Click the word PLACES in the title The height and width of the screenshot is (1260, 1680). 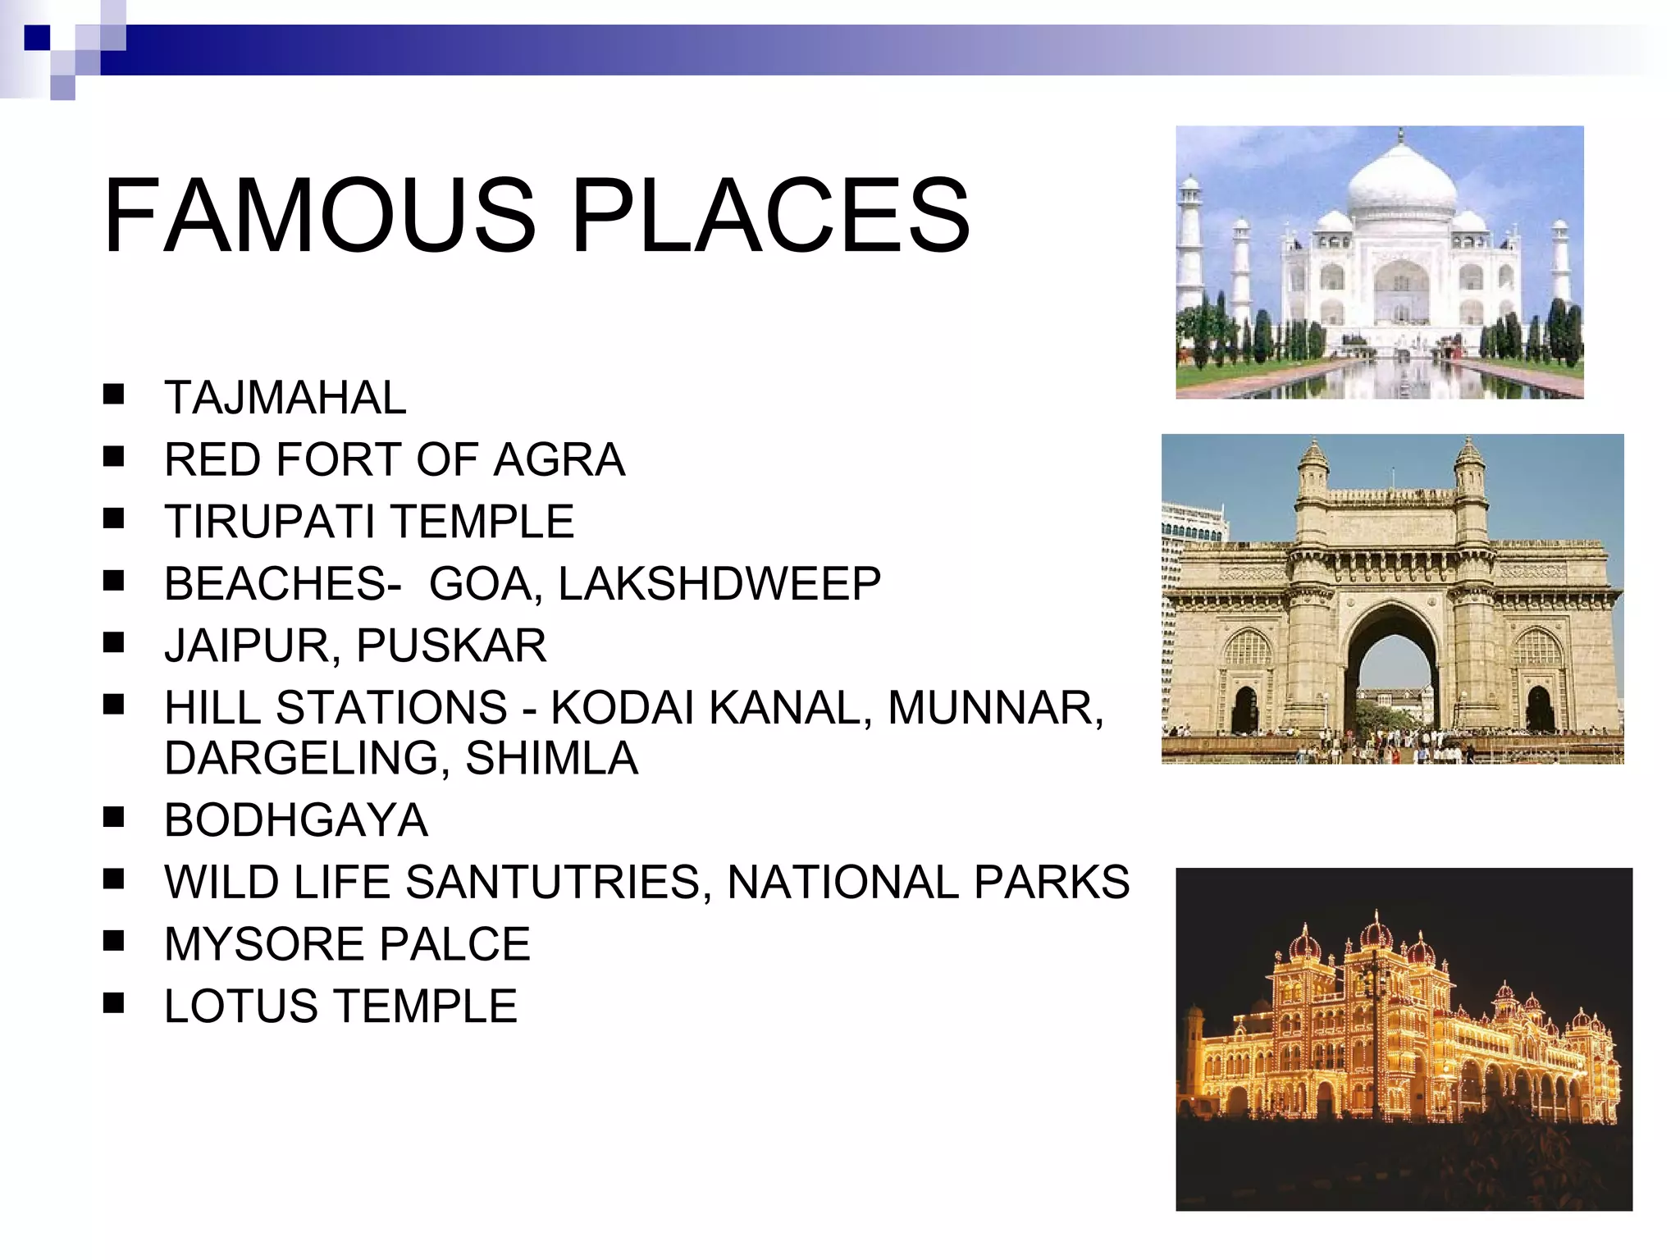(x=770, y=216)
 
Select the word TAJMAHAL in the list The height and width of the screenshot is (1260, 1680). (x=285, y=398)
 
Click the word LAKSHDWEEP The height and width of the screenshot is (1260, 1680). (x=719, y=584)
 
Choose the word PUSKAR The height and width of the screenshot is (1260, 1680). (x=451, y=646)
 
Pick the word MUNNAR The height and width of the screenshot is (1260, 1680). (x=995, y=707)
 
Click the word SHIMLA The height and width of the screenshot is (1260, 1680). (x=551, y=758)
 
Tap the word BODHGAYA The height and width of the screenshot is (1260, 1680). (x=296, y=820)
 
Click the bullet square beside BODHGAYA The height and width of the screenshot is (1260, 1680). (x=113, y=817)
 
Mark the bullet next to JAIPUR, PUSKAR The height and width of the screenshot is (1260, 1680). (x=113, y=642)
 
